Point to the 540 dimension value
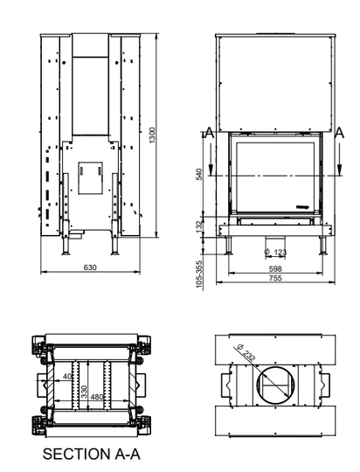199,173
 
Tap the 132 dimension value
199,226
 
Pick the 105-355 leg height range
199,273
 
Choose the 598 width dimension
276,267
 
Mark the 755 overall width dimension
276,278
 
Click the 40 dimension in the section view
67,378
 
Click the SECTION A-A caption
92,454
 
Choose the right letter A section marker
339,133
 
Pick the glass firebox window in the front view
276,173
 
